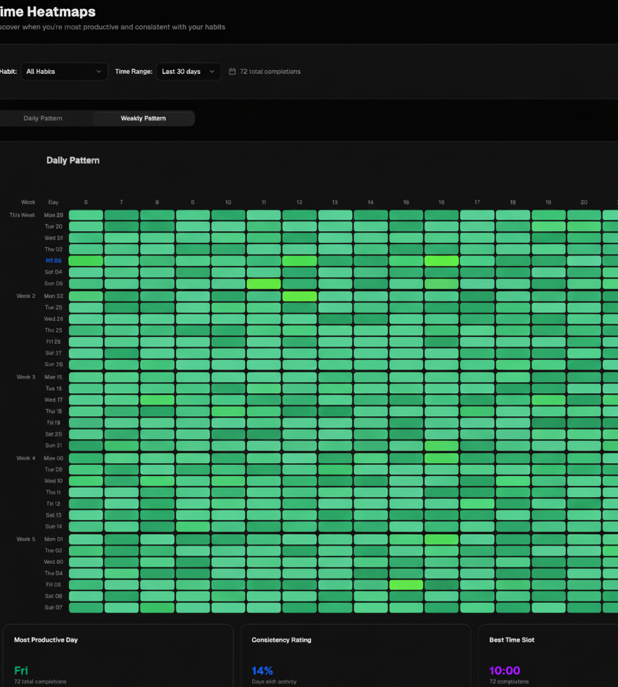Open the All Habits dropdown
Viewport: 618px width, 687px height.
[64, 72]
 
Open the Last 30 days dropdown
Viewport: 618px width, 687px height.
[188, 72]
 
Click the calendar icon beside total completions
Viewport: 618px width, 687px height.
[232, 72]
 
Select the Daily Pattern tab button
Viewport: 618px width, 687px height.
[43, 118]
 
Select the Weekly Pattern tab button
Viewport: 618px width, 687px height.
[143, 118]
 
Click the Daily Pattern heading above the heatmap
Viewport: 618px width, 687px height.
[73, 160]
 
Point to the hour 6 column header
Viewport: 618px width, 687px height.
[86, 203]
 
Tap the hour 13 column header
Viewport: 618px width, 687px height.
[335, 203]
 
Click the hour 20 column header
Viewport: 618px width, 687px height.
[584, 203]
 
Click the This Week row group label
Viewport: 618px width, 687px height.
[22, 215]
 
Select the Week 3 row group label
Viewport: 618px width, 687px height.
[26, 377]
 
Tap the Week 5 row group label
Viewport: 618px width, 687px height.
[26, 539]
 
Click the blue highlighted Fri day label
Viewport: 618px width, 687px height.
[54, 261]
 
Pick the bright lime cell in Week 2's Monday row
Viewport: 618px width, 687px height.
[299, 296]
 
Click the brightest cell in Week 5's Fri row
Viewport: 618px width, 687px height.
[406, 585]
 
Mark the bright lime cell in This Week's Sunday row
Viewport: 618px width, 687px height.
[264, 284]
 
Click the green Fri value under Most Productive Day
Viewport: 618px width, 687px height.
[21, 671]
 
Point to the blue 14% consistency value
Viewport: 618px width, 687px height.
[262, 671]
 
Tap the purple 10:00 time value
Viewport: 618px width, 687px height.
[505, 671]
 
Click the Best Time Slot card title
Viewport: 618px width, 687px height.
[512, 640]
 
